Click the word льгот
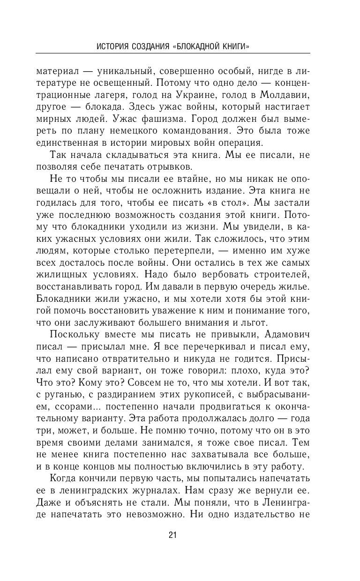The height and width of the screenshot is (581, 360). pos(255,323)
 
